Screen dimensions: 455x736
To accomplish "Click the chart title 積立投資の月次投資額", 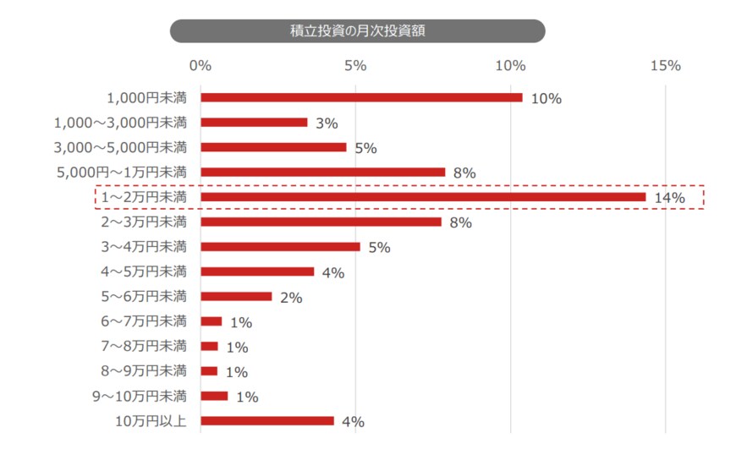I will click(357, 31).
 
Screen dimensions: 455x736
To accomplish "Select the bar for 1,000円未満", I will click(361, 97).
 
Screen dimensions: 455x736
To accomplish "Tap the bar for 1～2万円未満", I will click(423, 197).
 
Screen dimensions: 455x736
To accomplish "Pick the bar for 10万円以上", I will click(267, 420).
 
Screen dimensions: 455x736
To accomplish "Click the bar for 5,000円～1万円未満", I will click(322, 173).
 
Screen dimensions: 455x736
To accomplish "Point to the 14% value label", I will click(669, 199).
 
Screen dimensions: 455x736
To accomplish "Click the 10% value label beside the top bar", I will click(547, 99).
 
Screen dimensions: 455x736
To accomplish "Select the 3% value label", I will click(327, 123).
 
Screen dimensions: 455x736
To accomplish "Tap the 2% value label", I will click(291, 298).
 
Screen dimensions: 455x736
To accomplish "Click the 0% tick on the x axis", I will click(200, 66).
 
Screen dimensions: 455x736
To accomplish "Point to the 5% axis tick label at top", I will click(355, 66).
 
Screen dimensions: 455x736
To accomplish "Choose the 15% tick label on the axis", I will click(665, 66).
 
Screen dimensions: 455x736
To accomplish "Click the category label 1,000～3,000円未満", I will click(120, 123).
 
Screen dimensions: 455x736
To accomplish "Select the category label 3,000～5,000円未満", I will click(120, 147).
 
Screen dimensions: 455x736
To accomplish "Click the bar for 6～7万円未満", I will click(211, 321).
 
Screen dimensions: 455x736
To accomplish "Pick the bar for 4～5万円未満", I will click(257, 271).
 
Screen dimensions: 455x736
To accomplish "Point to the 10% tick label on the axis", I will click(510, 66).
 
